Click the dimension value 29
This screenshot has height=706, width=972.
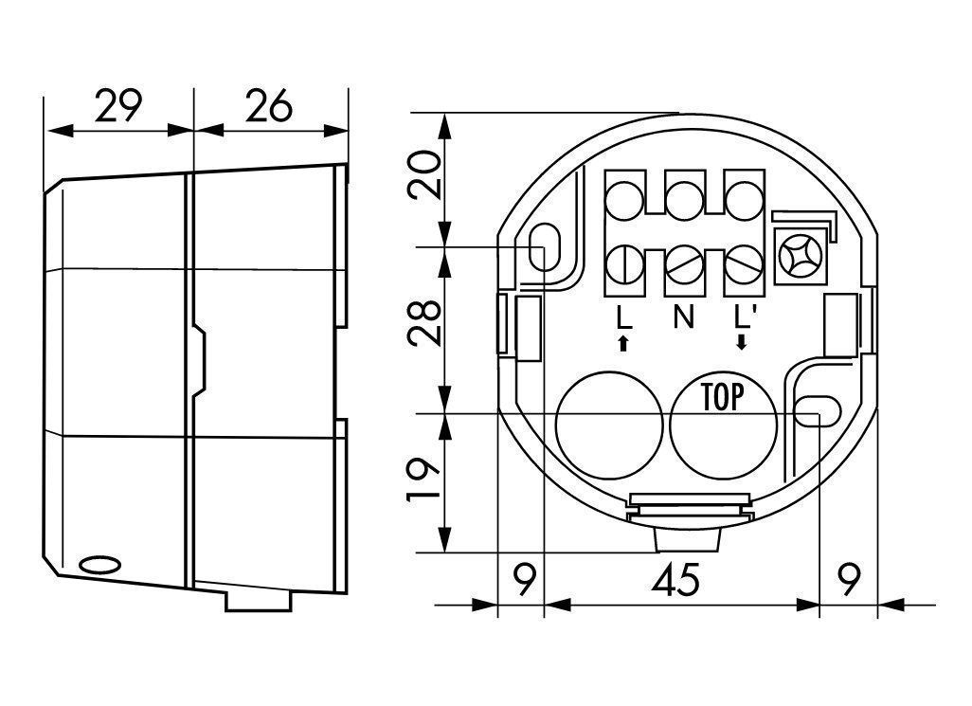pos(118,106)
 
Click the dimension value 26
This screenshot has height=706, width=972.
pos(268,106)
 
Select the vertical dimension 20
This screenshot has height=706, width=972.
pos(424,174)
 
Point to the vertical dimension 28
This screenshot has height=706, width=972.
pos(424,323)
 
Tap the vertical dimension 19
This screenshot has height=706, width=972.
pos(424,479)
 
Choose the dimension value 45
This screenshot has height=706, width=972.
pos(675,580)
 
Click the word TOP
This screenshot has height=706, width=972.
pos(722,397)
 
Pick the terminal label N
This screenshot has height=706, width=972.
pos(683,317)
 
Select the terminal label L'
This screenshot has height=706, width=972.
pos(742,317)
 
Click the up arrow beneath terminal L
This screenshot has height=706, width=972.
pos(623,343)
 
